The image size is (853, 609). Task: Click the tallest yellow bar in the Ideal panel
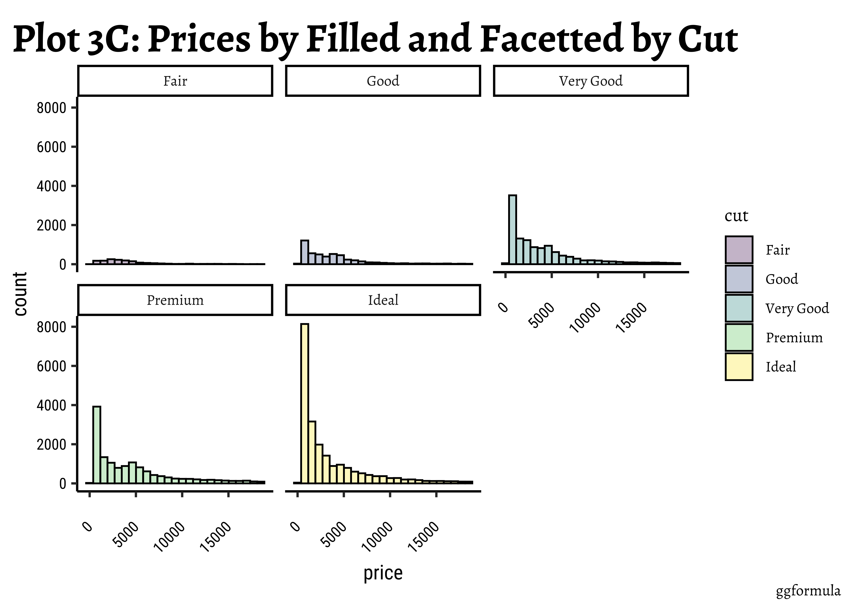coord(305,403)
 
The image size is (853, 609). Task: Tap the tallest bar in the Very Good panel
coord(512,230)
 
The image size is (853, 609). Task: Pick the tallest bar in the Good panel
coord(305,252)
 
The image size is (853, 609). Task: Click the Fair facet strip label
coord(175,81)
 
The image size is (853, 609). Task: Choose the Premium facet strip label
coord(175,300)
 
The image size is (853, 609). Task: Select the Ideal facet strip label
coord(383,300)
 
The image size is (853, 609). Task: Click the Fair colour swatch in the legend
coord(739,250)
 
